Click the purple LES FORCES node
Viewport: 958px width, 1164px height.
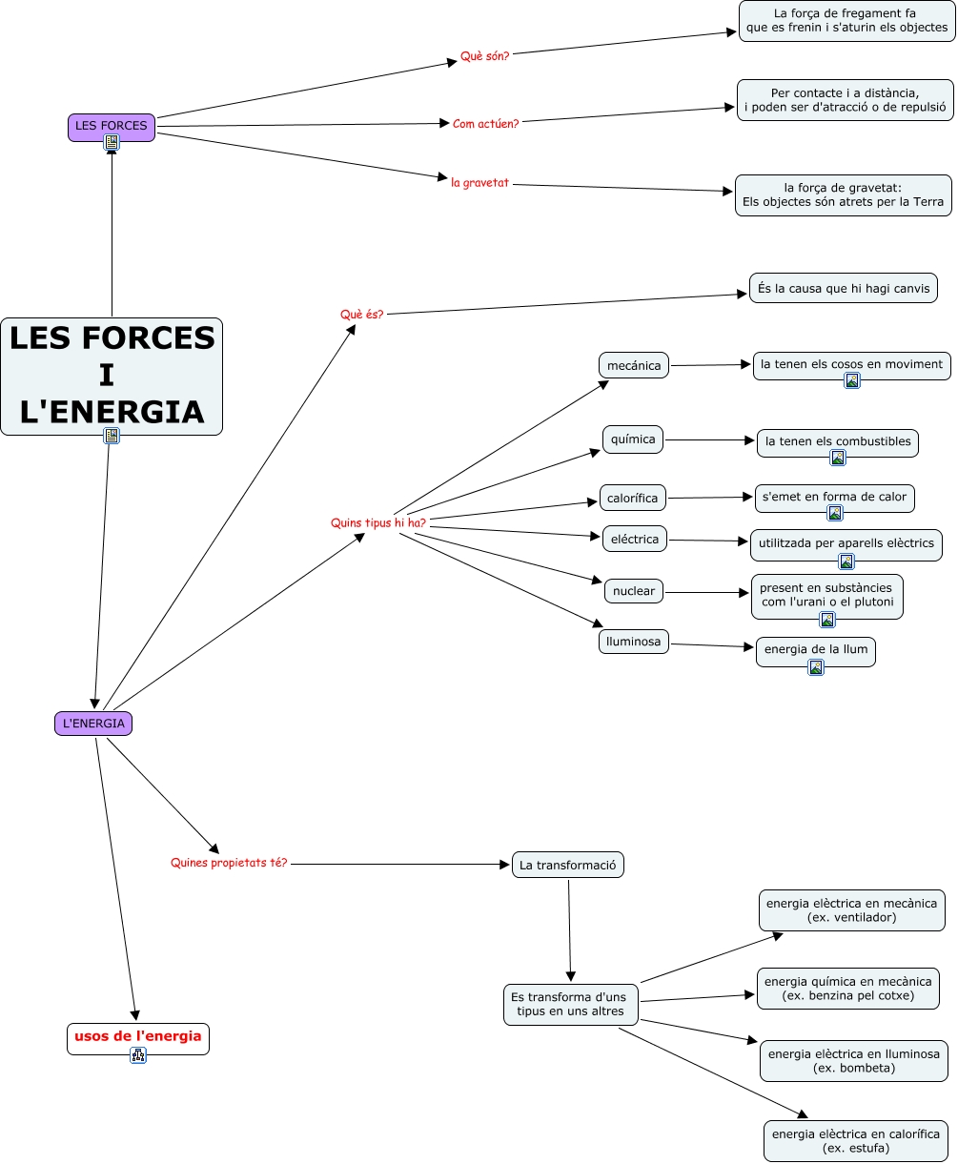click(112, 128)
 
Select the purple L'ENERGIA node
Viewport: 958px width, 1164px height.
click(93, 724)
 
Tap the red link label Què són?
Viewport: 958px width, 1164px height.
click(484, 56)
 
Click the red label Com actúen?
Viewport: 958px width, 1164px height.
click(485, 124)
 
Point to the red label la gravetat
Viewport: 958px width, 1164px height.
click(479, 183)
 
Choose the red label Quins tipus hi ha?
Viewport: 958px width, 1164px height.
click(378, 522)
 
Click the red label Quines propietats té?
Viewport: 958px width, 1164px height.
click(229, 863)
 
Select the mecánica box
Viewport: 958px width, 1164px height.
click(634, 365)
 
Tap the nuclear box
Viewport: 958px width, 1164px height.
click(634, 591)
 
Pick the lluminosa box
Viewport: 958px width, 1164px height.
click(634, 642)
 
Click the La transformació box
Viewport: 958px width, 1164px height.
click(568, 865)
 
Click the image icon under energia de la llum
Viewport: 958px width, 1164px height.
click(816, 667)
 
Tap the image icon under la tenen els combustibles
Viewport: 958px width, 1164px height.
click(838, 458)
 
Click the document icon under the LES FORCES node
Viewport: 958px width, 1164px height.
click(112, 142)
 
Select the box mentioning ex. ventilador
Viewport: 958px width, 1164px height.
click(851, 910)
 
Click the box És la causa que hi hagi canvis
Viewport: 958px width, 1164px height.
click(844, 288)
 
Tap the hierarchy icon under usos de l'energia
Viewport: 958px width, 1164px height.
click(138, 1054)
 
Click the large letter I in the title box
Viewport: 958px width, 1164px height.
click(107, 375)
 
